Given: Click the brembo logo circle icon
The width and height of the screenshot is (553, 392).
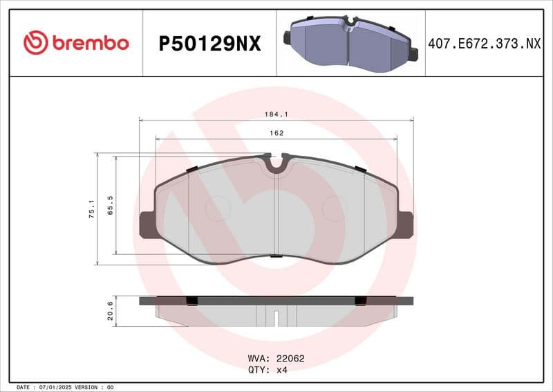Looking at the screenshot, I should [x=35, y=43].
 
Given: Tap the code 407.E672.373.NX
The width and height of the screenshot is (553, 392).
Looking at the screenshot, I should [x=484, y=44].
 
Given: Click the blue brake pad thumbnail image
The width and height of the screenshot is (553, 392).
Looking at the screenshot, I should [x=350, y=42].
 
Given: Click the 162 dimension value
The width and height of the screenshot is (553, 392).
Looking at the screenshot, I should [x=276, y=133].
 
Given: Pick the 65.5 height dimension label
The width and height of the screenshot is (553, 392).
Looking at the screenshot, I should [x=110, y=206].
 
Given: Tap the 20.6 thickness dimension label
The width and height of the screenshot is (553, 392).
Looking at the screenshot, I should [x=110, y=311].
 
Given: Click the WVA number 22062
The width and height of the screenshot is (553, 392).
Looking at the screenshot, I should [x=290, y=359].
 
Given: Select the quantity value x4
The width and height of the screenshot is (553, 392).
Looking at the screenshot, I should [x=281, y=370].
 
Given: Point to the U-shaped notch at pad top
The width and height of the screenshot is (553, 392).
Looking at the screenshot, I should [x=276, y=164].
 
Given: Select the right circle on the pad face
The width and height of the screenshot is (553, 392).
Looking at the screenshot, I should [x=335, y=208].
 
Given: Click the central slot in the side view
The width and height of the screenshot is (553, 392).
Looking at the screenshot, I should [x=276, y=319].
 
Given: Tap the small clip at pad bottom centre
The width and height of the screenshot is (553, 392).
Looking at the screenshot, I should [x=276, y=257].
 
